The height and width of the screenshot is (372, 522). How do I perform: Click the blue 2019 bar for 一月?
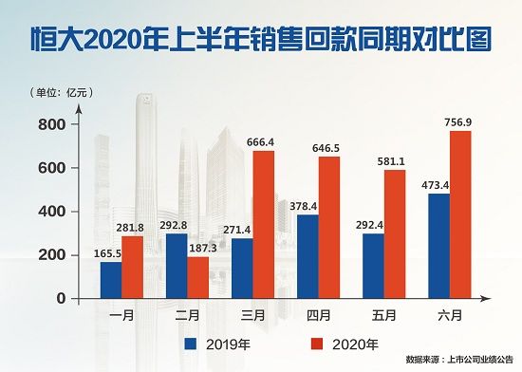111,280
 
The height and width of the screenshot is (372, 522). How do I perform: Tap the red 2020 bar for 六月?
459,214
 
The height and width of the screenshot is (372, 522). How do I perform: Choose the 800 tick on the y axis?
53,124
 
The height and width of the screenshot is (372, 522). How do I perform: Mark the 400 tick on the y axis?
53,212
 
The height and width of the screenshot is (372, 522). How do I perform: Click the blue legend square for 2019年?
192,343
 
